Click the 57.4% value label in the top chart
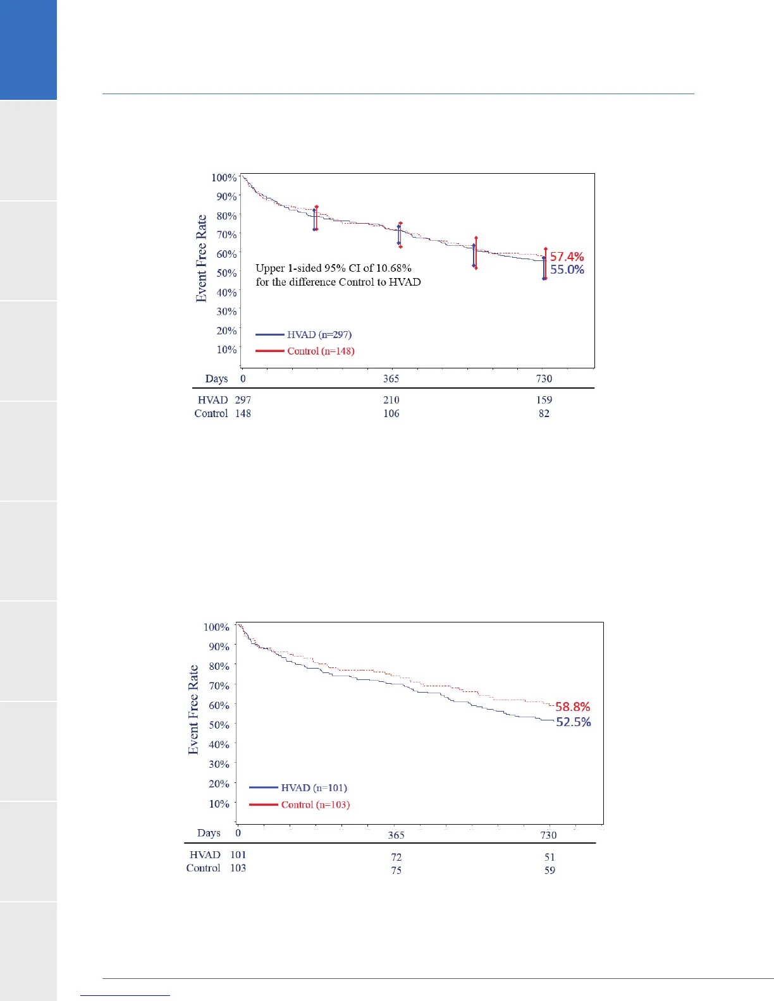coord(567,257)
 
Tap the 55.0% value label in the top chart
coord(567,270)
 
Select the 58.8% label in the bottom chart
coord(572,707)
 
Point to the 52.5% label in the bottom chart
coord(573,722)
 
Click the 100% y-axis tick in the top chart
coord(224,178)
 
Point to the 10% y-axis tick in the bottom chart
coord(219,804)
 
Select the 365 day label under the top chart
coord(391,379)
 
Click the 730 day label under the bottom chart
coord(548,835)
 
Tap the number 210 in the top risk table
coord(391,400)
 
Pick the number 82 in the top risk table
coord(544,414)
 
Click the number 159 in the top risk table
coord(544,400)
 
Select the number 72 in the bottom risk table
coord(396,858)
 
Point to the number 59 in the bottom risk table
coord(550,871)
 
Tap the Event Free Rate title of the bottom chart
coord(193,710)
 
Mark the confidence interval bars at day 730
coord(544,264)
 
